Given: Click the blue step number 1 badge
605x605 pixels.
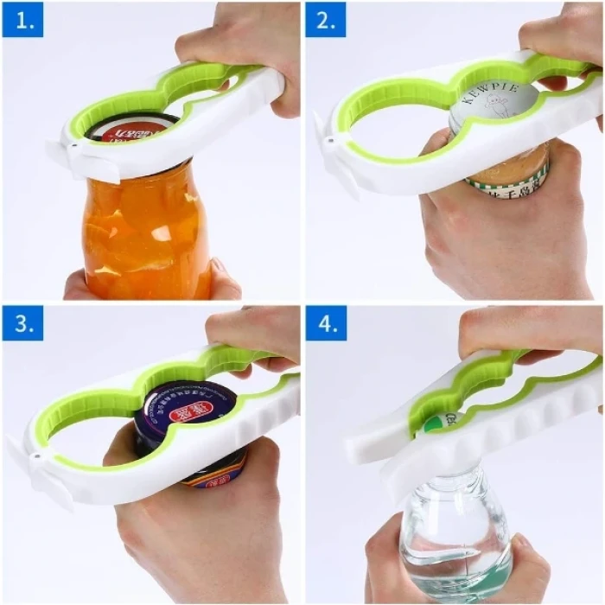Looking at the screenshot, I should pos(23,20).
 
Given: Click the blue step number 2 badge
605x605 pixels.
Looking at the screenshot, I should pos(326,20).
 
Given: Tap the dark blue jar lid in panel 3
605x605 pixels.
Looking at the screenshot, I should pos(190,406).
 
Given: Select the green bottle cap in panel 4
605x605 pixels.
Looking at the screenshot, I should pos(430,421).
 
